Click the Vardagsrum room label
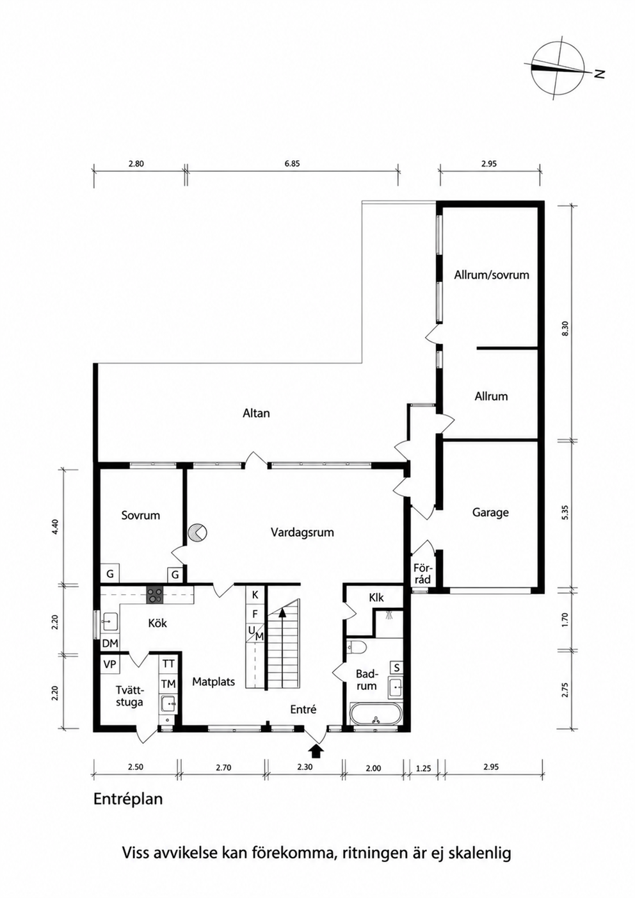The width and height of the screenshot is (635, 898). coord(302,532)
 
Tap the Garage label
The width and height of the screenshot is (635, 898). coord(490,512)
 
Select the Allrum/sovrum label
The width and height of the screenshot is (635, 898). coord(492,275)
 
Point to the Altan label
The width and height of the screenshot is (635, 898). coord(257,413)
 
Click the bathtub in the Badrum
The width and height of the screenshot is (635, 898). coord(375,718)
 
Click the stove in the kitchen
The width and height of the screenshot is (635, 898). coord(155,595)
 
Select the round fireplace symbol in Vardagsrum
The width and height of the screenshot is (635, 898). coord(198,533)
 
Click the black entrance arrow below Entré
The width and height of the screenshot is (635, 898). coord(316,751)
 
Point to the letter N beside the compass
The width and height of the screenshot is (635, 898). coord(600,74)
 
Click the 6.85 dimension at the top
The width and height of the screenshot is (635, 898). coord(292,163)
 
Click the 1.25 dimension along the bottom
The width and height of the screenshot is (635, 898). coord(424,769)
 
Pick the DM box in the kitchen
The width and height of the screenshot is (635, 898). coord(110,644)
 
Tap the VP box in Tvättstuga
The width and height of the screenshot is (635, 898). coord(109,665)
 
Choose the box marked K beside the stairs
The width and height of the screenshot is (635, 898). coord(255,595)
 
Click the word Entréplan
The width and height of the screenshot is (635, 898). coord(128,799)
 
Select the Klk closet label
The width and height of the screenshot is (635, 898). coord(376,598)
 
